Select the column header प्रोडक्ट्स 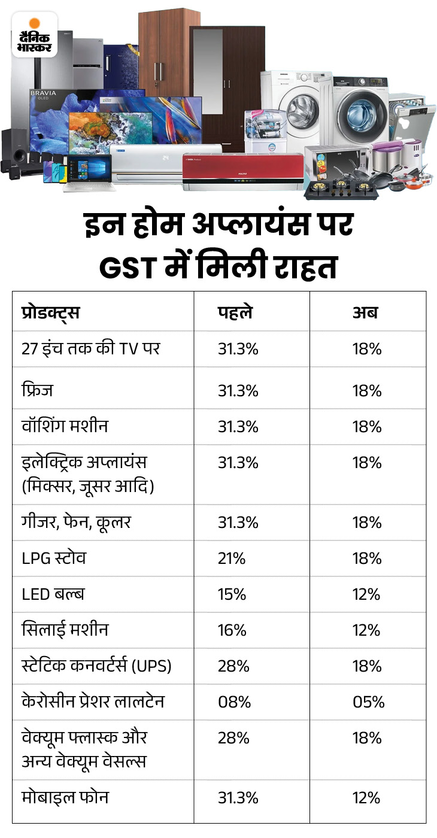click(x=50, y=312)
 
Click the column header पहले click(x=235, y=312)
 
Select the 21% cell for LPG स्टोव click(x=232, y=558)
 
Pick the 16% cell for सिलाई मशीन click(x=232, y=630)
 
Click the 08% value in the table click(x=233, y=702)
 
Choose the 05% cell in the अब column click(x=368, y=702)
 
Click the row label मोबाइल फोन click(x=65, y=798)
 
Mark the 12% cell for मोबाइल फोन click(x=366, y=798)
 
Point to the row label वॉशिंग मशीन click(x=64, y=426)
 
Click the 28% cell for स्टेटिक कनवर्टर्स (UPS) click(x=233, y=666)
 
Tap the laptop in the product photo click(x=86, y=172)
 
